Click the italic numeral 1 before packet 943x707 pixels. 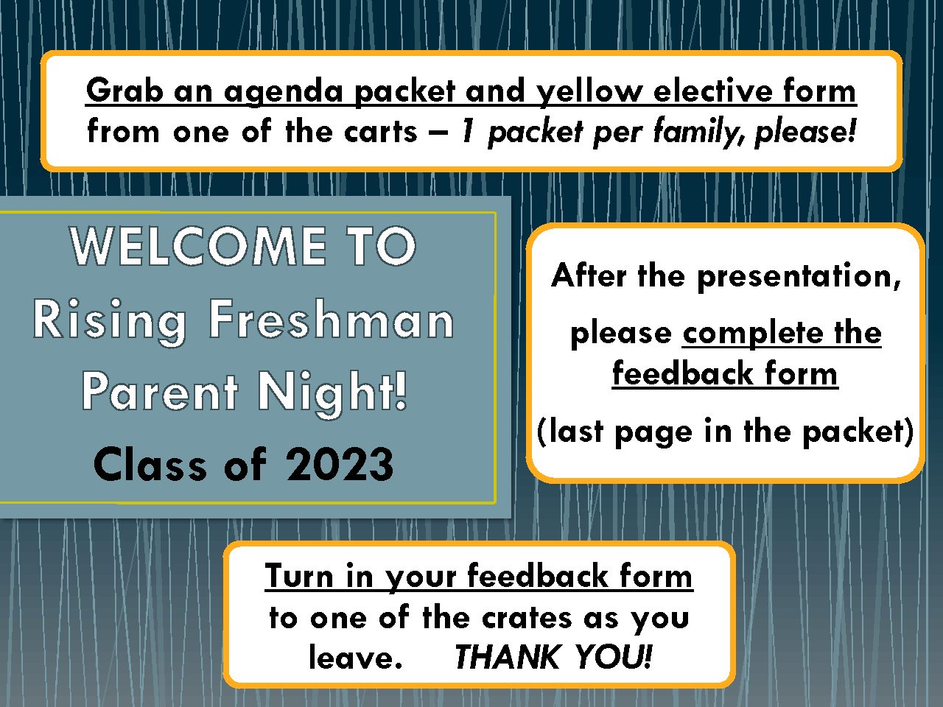click(x=469, y=131)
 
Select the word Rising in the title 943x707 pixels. click(x=110, y=322)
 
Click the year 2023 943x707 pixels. click(x=340, y=464)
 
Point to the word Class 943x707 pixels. click(x=150, y=464)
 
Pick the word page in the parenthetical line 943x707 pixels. click(x=653, y=433)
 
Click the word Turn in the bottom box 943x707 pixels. click(x=299, y=575)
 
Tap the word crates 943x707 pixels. click(x=527, y=618)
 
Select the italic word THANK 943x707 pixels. click(x=507, y=657)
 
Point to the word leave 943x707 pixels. click(x=355, y=657)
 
